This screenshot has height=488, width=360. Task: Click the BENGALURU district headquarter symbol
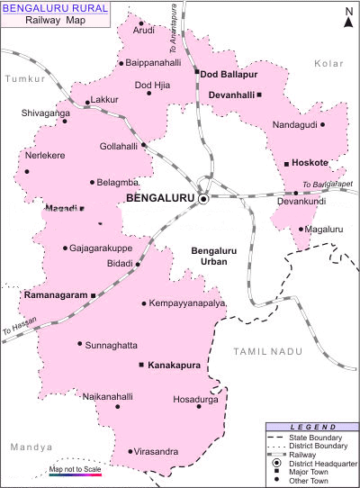click(x=204, y=198)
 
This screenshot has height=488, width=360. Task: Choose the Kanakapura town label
click(x=175, y=365)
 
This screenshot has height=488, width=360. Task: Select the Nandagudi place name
click(x=294, y=125)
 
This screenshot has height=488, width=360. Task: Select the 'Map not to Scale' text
click(x=75, y=470)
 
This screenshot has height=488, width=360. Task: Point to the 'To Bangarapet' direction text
click(x=328, y=185)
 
